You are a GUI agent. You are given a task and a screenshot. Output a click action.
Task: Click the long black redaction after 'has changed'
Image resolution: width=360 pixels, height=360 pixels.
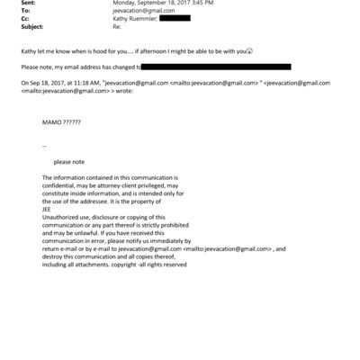tap(216, 67)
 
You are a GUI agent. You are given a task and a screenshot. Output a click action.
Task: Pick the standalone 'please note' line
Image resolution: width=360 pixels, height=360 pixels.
tap(68, 162)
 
